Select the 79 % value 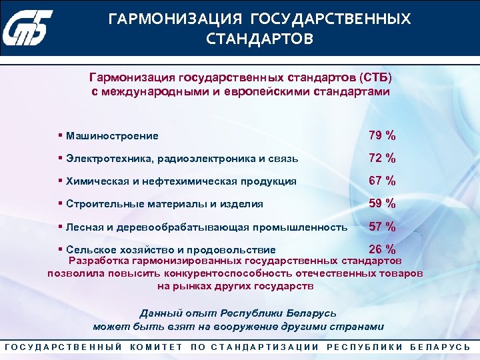tap(382, 136)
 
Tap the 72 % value tap(382, 159)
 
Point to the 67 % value tap(382, 181)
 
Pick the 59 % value tap(382, 204)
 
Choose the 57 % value tap(382, 227)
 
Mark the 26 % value tap(382, 249)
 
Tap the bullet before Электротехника tap(60, 159)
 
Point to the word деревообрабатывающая tap(175, 227)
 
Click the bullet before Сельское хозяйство tap(60, 249)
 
